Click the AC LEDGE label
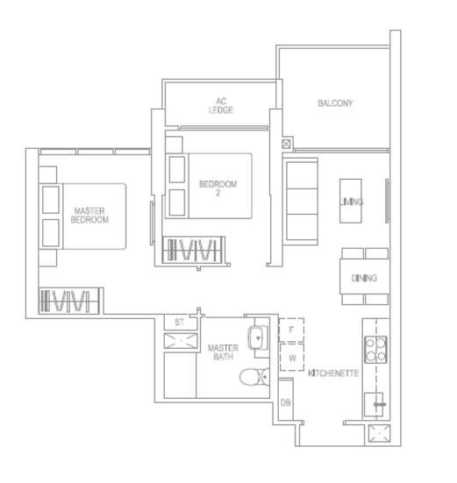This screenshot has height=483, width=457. coord(221,106)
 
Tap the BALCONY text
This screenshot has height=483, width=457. coord(335,103)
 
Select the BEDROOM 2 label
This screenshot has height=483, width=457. coord(218,188)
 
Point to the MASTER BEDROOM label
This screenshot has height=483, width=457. coord(89,215)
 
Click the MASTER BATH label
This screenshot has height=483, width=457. coord(223,352)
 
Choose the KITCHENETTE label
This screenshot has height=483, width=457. coord(333,373)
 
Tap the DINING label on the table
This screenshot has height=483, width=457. coord(364,278)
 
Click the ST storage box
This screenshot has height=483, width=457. coord(181,323)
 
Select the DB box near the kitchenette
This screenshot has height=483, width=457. coord(286,400)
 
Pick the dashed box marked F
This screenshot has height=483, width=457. coord(291,330)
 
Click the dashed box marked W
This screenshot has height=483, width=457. coord(292,358)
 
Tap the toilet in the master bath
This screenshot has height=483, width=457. coord(254,377)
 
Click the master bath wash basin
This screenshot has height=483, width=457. coord(258,337)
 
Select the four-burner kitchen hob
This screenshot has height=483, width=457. coord(375,349)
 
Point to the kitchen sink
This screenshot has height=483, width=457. coord(374,404)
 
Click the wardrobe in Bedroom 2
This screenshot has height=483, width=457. coord(193,250)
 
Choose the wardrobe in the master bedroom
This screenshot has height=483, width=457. coord(69,301)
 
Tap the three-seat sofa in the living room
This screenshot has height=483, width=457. coord(301,202)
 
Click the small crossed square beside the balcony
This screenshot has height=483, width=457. coord(286,144)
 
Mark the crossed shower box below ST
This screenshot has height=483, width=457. coord(181,341)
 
